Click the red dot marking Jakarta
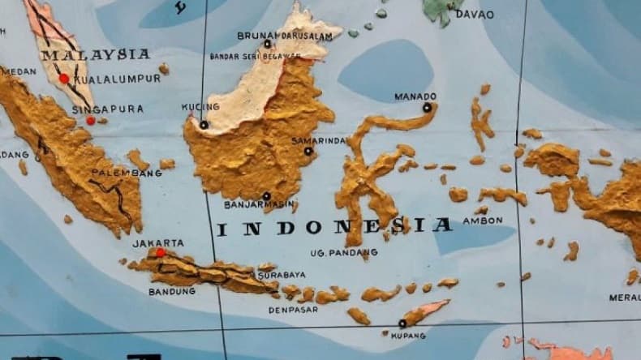[x=161, y=253]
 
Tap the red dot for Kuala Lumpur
[x=64, y=79]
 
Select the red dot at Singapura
[x=91, y=121]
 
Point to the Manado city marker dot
[x=427, y=107]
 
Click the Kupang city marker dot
[x=402, y=324]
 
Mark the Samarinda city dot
[x=308, y=151]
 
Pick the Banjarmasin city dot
[x=266, y=196]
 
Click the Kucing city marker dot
[x=204, y=125]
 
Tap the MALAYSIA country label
[x=96, y=54]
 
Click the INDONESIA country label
[x=333, y=226]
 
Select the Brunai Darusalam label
[x=285, y=35]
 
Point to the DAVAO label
[x=474, y=14]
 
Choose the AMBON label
[x=482, y=220]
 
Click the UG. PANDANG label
[x=344, y=253]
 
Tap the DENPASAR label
[x=295, y=310]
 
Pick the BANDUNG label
[x=172, y=290]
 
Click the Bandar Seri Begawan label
[x=255, y=57]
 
